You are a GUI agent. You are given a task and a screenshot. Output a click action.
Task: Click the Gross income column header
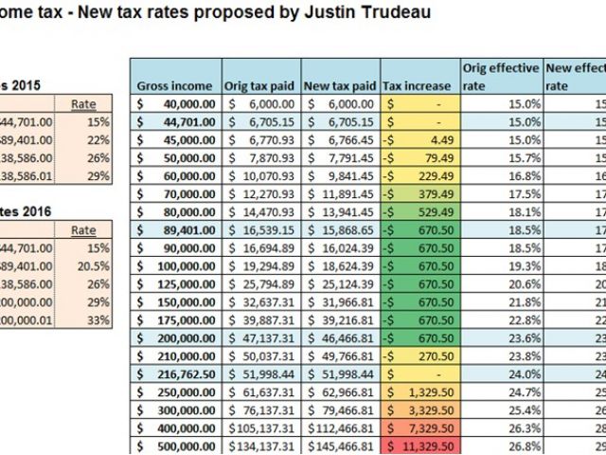pyautogui.click(x=175, y=85)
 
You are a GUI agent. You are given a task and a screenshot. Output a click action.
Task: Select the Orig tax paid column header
pyautogui.click(x=258, y=85)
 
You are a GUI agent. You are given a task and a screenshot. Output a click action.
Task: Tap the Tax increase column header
pyautogui.click(x=420, y=85)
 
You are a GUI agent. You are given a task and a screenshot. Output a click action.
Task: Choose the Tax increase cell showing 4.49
pyautogui.click(x=420, y=138)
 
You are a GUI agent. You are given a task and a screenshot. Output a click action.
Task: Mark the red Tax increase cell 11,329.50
pyautogui.click(x=420, y=446)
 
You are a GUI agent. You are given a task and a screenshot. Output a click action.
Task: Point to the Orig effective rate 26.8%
pyautogui.click(x=501, y=446)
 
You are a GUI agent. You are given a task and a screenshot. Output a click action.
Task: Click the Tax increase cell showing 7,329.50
pyautogui.click(x=420, y=428)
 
